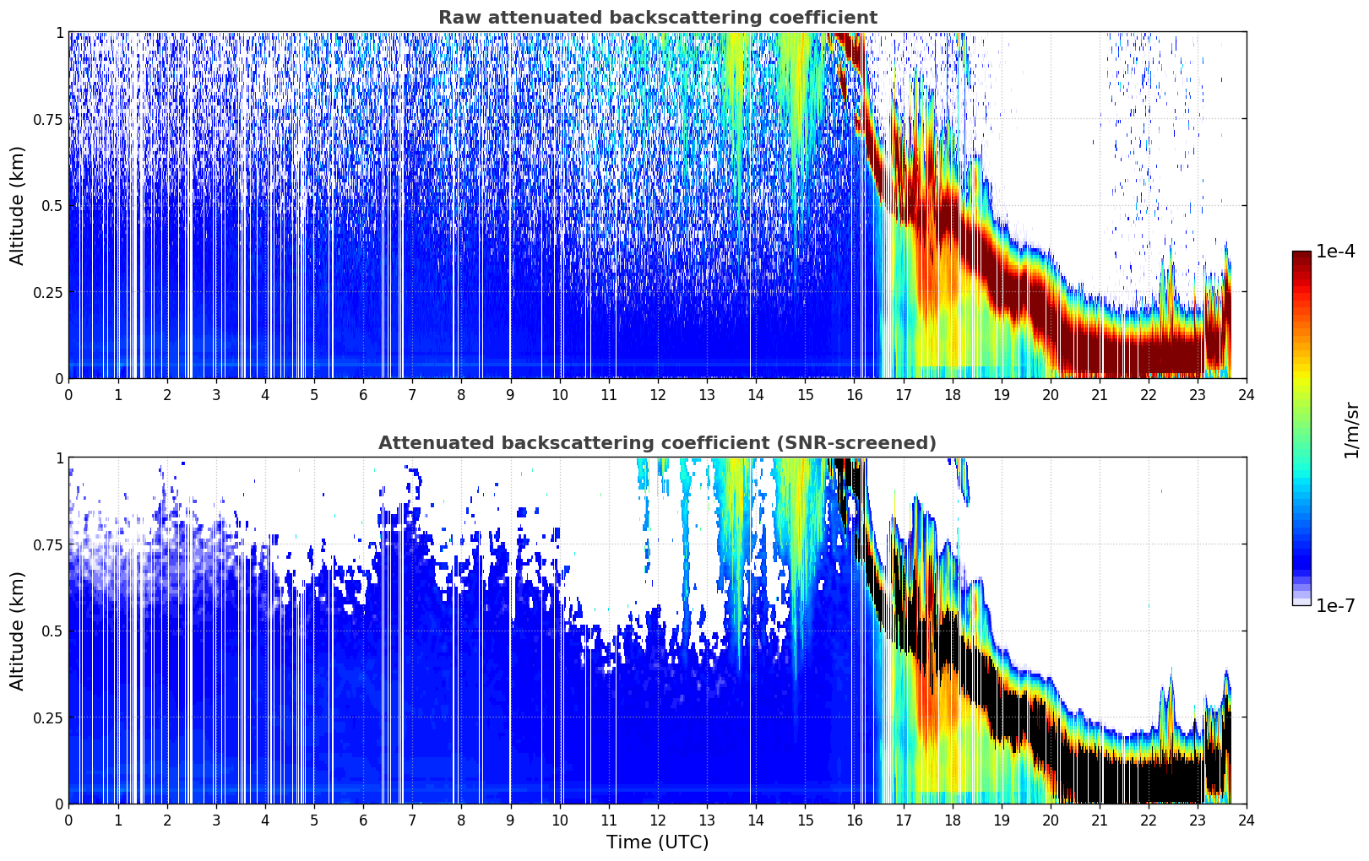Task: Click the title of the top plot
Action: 657,18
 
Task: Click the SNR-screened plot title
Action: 657,443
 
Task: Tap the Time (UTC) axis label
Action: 657,842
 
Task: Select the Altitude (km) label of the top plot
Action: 18,205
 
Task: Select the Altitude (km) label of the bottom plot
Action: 18,631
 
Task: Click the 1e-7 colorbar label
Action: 1335,605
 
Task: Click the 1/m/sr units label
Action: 1351,430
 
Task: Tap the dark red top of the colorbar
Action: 1301,256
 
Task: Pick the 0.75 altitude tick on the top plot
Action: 48,119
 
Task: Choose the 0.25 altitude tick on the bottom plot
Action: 48,717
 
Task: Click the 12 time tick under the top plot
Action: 657,395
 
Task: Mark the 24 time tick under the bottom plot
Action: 1246,820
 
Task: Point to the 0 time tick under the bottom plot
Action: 68,820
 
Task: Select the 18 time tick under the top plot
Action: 952,395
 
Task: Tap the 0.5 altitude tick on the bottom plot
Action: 52,631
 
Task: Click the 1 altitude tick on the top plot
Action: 59,32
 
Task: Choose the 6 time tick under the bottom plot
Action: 363,820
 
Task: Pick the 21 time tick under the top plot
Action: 1099,395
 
